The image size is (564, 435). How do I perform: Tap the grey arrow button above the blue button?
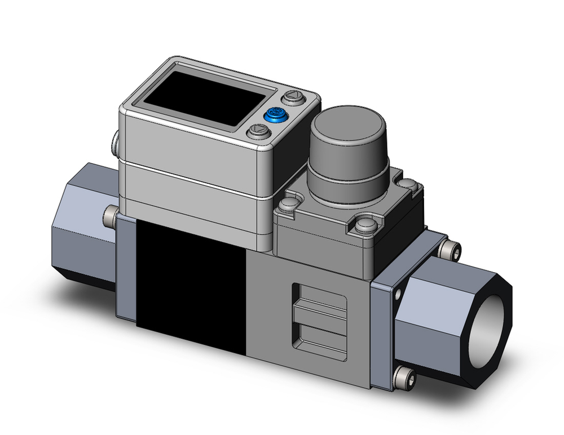click(292, 98)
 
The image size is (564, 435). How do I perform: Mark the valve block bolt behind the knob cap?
click(407, 183)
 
